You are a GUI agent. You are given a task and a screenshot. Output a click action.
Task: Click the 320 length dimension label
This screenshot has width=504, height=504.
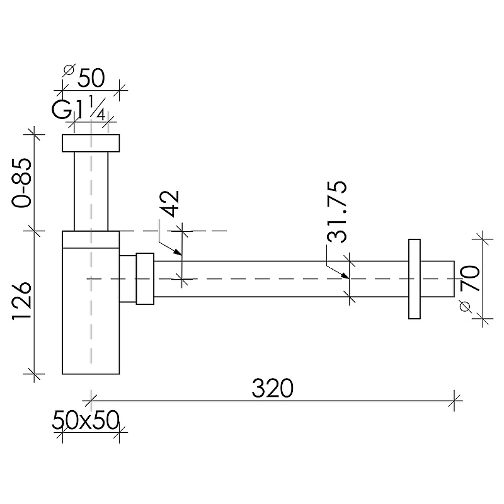click(272, 388)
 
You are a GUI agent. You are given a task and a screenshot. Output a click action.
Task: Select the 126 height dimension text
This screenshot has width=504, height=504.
click(22, 301)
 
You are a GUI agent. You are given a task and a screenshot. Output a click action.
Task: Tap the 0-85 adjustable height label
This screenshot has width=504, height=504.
click(22, 182)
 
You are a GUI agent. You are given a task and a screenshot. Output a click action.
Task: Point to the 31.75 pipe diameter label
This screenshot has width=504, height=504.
click(337, 212)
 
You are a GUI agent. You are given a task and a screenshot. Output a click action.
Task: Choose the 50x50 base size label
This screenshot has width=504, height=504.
click(86, 420)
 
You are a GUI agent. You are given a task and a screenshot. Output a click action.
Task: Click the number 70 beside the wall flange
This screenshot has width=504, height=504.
click(469, 278)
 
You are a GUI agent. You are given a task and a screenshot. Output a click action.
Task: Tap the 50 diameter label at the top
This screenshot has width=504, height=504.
click(91, 77)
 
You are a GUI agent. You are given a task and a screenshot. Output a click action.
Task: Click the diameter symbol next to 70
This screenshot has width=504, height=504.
click(465, 307)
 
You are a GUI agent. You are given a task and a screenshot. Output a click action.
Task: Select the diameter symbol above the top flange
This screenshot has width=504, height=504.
click(69, 70)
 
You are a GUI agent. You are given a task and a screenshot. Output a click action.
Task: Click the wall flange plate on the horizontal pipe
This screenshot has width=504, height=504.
click(415, 279)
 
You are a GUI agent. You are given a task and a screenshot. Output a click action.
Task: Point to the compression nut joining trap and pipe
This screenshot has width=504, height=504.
click(145, 278)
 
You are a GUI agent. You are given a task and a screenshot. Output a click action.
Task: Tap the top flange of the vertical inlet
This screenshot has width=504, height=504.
click(91, 143)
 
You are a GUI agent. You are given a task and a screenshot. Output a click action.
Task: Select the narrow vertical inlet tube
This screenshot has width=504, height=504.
click(91, 192)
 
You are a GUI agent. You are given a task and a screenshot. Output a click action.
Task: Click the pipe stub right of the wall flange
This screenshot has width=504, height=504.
click(437, 279)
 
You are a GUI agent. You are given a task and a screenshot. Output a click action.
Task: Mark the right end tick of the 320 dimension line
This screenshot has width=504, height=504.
click(454, 401)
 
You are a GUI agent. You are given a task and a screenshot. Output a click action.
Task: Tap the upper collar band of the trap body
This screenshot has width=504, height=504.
click(91, 239)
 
